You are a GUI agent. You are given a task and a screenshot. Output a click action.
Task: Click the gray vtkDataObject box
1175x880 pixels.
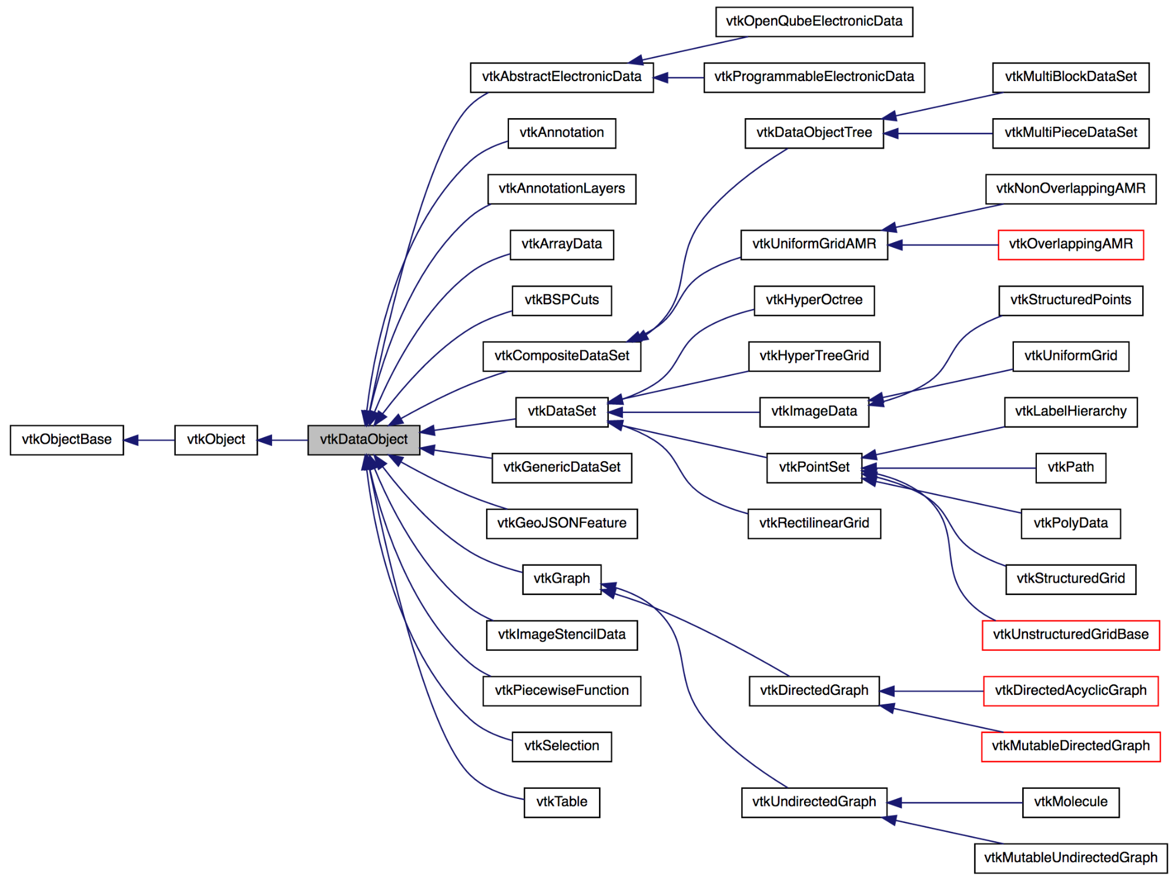pos(363,439)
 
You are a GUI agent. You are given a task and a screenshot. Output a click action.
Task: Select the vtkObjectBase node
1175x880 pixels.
pos(66,439)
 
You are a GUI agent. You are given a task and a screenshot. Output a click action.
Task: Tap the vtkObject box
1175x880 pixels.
pos(216,439)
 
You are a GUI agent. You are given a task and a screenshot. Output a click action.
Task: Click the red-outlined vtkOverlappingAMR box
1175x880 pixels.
pos(1070,244)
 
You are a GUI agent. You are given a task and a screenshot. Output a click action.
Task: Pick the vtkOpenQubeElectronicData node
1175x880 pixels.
pos(814,22)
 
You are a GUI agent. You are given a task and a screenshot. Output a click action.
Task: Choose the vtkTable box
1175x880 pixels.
pos(561,802)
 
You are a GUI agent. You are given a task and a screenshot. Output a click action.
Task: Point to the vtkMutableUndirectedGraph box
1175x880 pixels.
pos(1070,858)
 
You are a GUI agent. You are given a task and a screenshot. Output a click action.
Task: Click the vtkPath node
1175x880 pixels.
pos(1070,468)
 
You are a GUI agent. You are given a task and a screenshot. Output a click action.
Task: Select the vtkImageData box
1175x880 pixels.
pos(814,412)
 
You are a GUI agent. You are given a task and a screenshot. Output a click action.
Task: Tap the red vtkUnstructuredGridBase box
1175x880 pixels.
pos(1070,634)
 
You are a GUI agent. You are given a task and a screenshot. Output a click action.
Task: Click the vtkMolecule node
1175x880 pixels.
pos(1070,802)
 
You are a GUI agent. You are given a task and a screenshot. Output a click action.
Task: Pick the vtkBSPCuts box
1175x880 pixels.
pos(561,300)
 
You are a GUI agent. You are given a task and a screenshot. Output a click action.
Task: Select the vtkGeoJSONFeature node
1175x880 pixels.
pos(561,523)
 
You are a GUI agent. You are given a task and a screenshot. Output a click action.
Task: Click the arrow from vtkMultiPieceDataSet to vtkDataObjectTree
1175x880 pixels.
pos(938,133)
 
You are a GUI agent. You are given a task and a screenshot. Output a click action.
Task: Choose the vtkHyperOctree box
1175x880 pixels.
pos(814,300)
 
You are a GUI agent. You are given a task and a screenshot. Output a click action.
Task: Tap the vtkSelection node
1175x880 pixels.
pos(561,746)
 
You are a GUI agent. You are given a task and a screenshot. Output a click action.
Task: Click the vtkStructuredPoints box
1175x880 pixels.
pos(1070,300)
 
